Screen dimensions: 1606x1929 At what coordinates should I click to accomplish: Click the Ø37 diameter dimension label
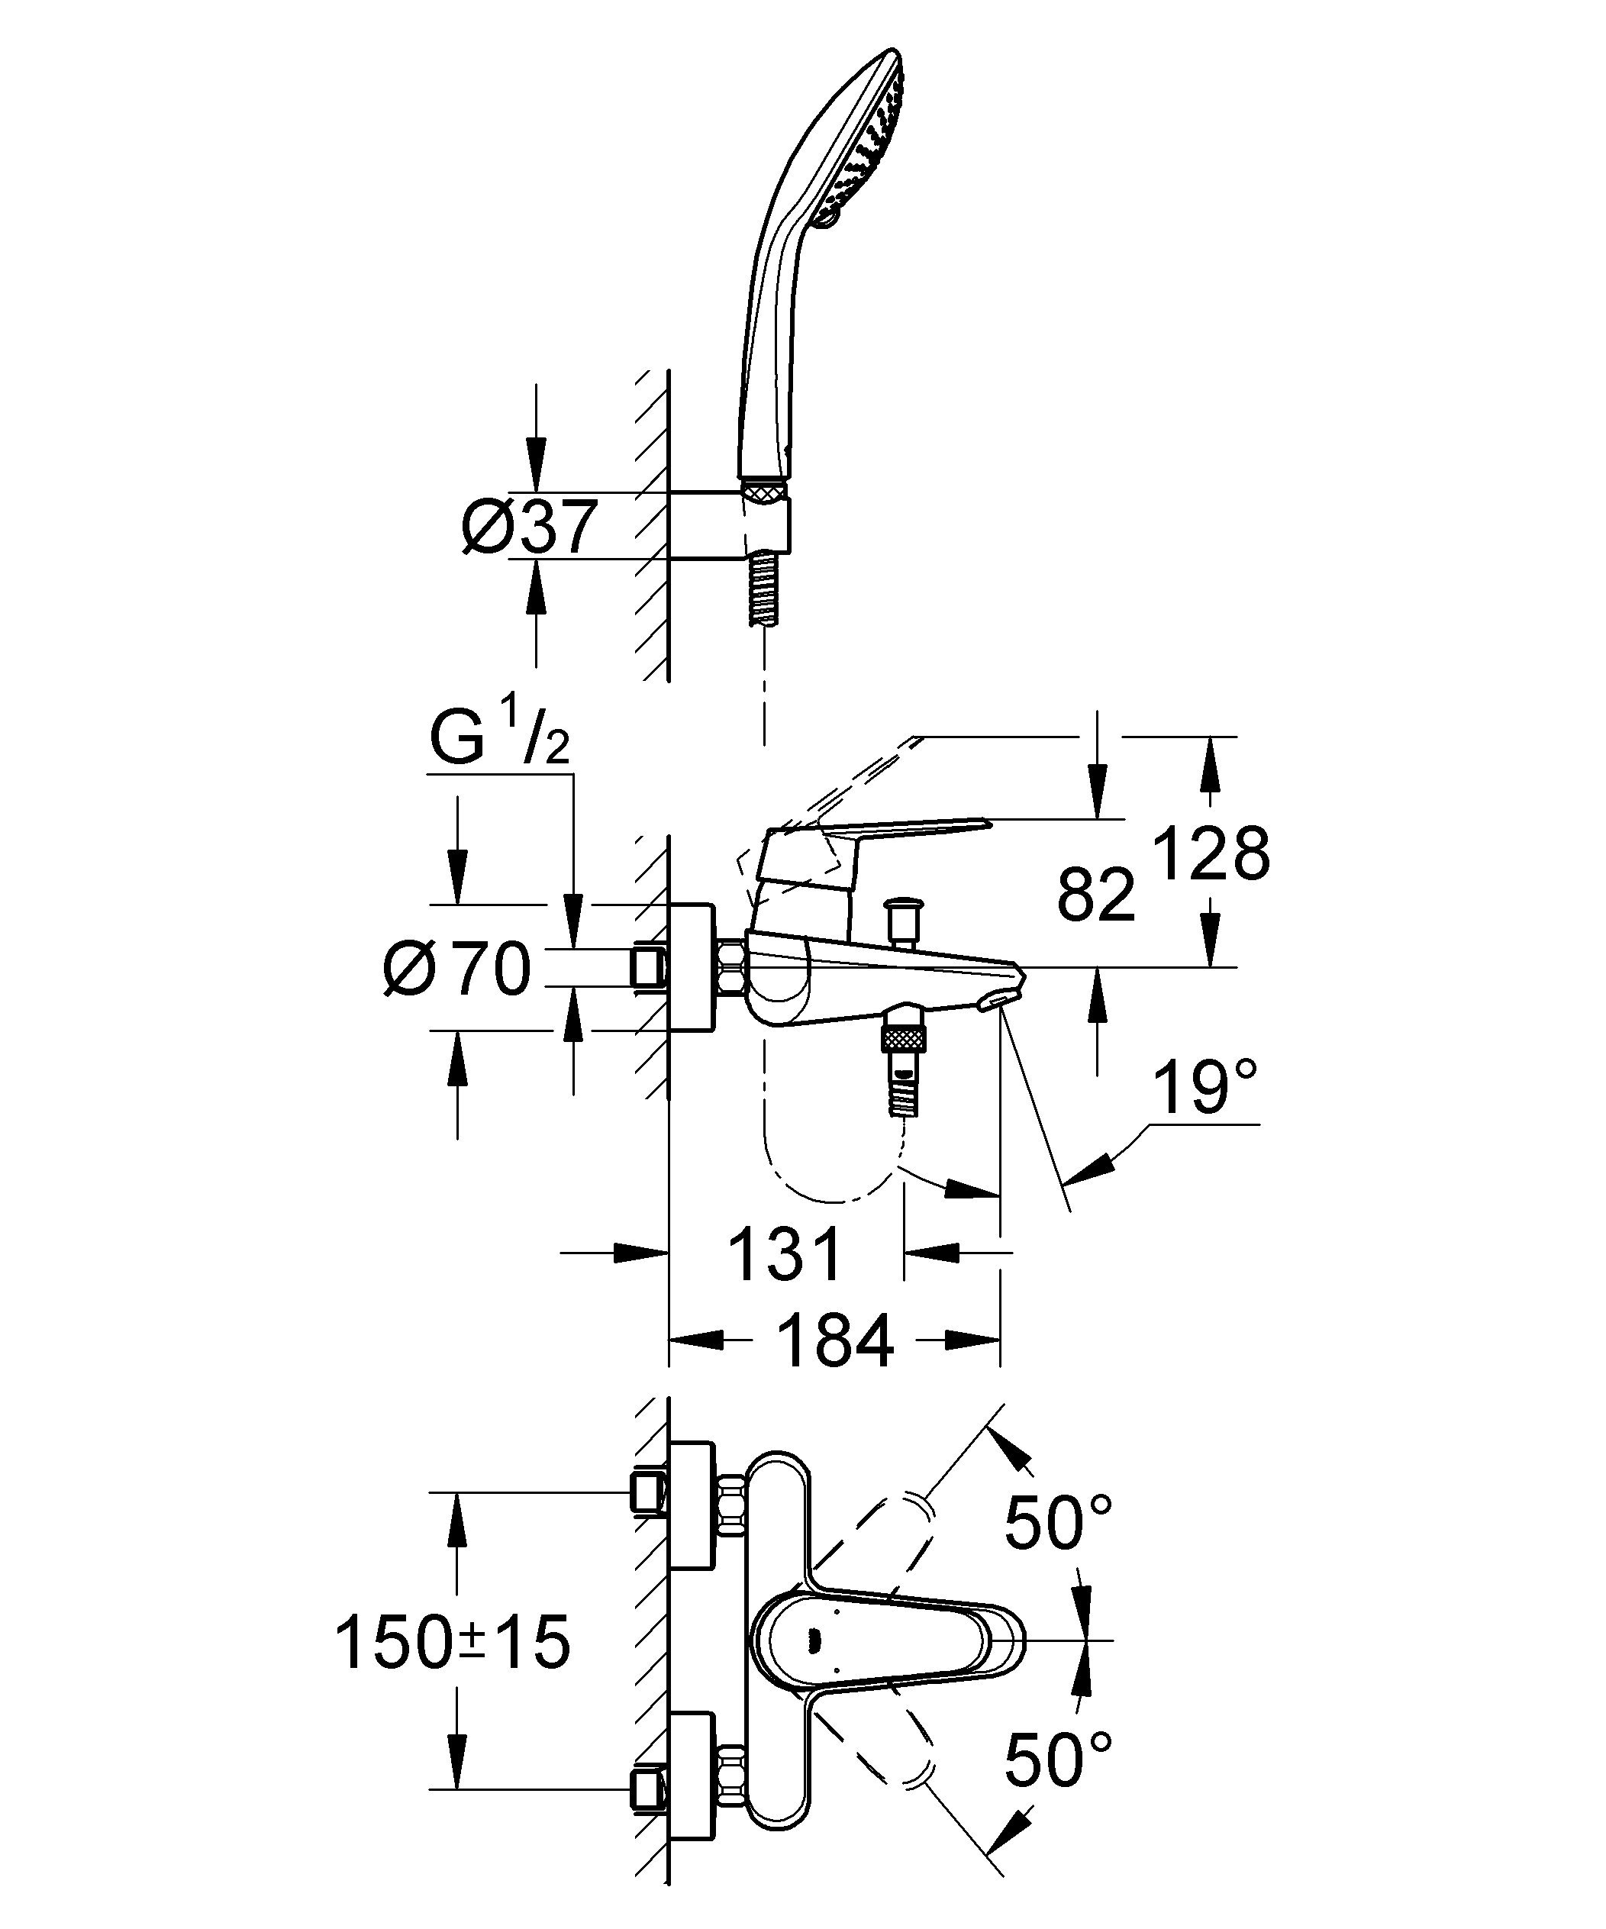tap(529, 527)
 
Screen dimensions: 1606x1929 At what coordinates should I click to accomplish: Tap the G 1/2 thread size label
tap(500, 736)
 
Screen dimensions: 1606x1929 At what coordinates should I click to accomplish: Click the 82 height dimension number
tap(1096, 895)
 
